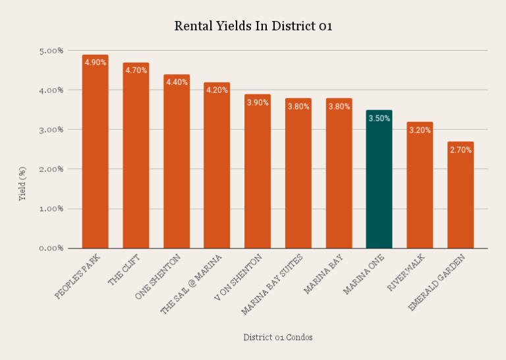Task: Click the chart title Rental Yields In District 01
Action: coord(253,26)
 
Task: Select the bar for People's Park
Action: coord(95,158)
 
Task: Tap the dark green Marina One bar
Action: coord(379,185)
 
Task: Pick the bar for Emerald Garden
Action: coord(461,198)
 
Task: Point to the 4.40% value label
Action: coord(177,82)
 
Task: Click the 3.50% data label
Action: coord(379,119)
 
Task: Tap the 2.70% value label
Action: coord(461,150)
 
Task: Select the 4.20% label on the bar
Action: coord(217,90)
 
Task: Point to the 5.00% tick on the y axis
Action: coord(50,51)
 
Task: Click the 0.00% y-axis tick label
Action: coord(50,249)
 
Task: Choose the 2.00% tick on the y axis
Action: coord(50,169)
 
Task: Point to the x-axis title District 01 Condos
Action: coord(278,338)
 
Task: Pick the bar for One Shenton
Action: coord(177,168)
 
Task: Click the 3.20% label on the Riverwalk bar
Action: coord(420,131)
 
